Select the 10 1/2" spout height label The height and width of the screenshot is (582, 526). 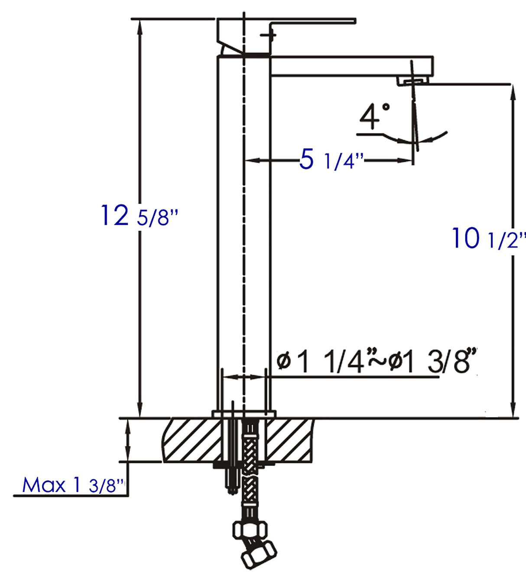coord(489,239)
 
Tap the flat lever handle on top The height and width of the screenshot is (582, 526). coord(312,21)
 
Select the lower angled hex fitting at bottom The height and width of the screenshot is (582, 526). coord(259,555)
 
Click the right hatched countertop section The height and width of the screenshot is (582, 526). coord(288,440)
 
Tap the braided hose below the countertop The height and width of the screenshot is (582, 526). coord(249,494)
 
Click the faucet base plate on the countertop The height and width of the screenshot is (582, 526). coord(244,414)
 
